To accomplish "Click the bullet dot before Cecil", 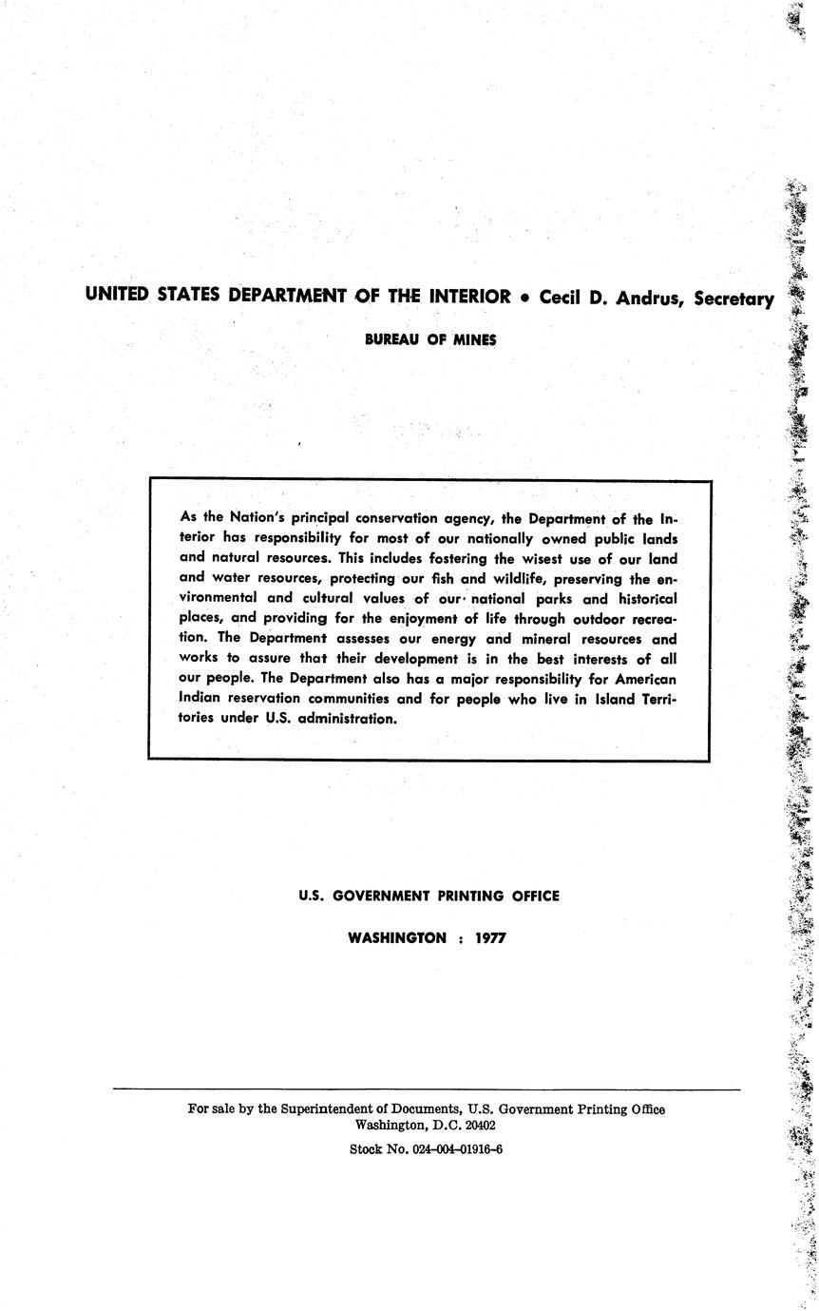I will [525, 297].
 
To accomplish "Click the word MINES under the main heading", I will [474, 338].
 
